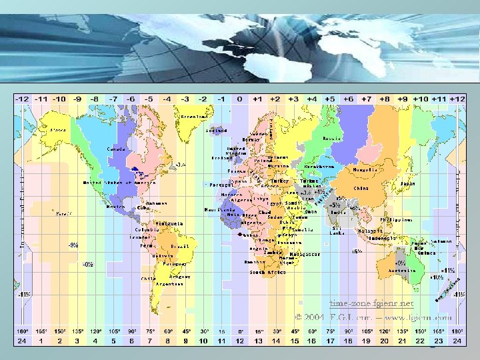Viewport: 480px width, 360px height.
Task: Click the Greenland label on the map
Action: click(x=195, y=116)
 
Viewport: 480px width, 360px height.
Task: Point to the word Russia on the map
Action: click(x=331, y=139)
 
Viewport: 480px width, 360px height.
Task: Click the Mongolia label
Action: click(x=365, y=169)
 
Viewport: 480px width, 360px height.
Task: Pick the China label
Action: click(x=361, y=188)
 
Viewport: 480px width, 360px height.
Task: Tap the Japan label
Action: click(x=408, y=183)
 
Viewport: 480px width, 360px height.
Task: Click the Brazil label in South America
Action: click(x=180, y=246)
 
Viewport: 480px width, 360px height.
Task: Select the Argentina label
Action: click(x=169, y=283)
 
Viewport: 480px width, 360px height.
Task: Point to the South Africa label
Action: click(x=266, y=272)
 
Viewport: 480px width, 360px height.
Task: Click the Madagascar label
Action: click(x=305, y=254)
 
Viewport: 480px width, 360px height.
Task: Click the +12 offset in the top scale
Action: click(x=457, y=99)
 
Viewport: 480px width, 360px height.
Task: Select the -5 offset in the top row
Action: click(x=149, y=99)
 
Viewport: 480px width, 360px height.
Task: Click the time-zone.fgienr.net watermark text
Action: click(x=371, y=303)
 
